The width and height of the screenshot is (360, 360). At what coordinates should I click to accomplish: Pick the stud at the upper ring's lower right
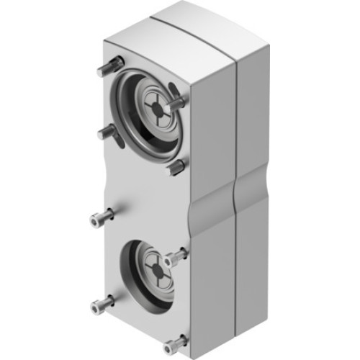point(175,168)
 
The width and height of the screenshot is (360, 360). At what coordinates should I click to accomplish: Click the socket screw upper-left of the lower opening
point(102,217)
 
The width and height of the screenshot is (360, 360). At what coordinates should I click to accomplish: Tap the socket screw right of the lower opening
point(175,256)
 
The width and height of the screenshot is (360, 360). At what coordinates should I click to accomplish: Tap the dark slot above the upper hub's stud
point(173,89)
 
